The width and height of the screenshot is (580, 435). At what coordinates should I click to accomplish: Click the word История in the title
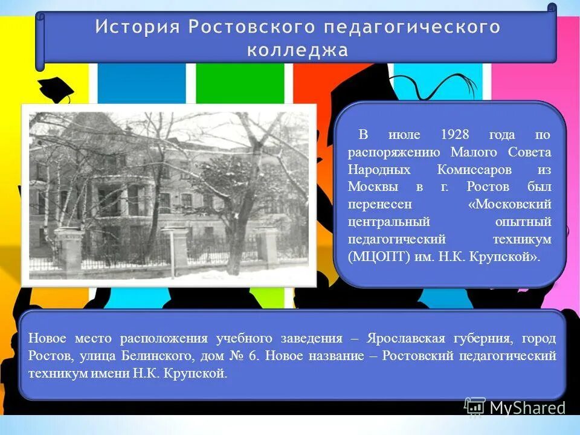137,28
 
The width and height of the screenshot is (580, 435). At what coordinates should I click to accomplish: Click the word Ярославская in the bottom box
411,338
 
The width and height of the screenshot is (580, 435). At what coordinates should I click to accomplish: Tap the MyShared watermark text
527,408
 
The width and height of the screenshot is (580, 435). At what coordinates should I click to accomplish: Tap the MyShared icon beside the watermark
475,407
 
